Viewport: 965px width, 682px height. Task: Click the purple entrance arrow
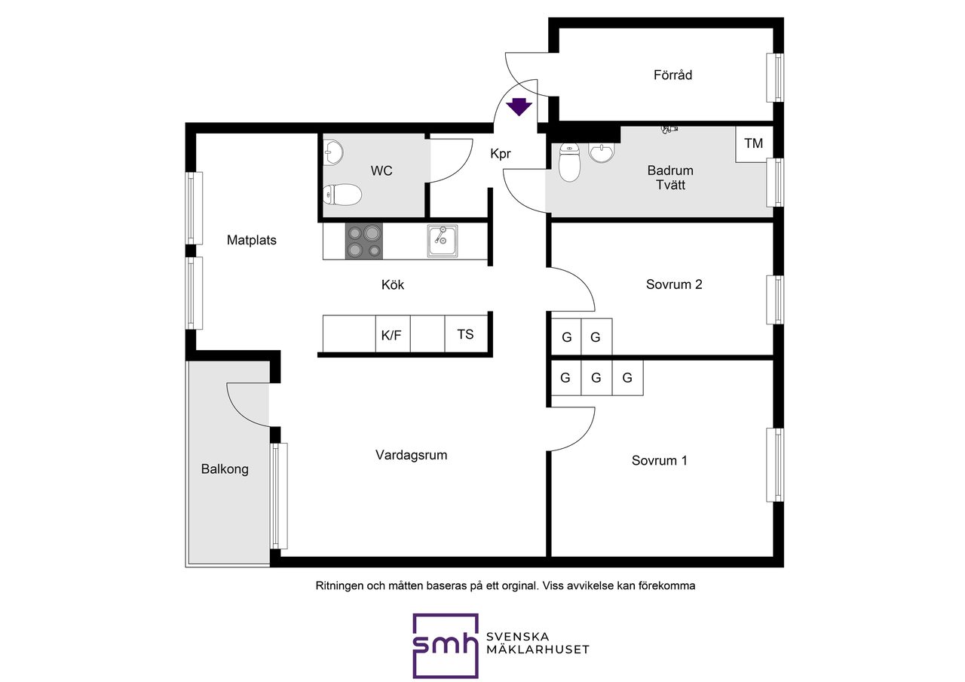tap(519, 107)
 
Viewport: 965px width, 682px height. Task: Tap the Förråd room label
tap(672, 75)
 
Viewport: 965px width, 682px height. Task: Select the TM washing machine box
tap(754, 143)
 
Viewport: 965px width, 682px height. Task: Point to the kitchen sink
tap(443, 241)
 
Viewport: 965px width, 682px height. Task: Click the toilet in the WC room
tap(342, 195)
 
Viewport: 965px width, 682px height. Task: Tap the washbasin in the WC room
tap(332, 152)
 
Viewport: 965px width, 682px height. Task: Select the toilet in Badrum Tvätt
tap(569, 162)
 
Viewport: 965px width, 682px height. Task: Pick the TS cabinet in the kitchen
tap(466, 334)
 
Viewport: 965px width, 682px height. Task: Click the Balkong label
tap(225, 469)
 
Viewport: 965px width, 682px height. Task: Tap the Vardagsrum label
tap(411, 455)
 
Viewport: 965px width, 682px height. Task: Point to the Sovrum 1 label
tap(659, 460)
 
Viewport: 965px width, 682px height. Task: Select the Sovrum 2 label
tap(674, 284)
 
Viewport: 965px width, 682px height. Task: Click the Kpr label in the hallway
tap(500, 154)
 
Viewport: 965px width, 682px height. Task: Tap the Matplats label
tap(252, 240)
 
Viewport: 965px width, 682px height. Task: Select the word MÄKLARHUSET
tap(538, 650)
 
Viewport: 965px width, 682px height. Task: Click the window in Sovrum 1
tap(775, 465)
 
